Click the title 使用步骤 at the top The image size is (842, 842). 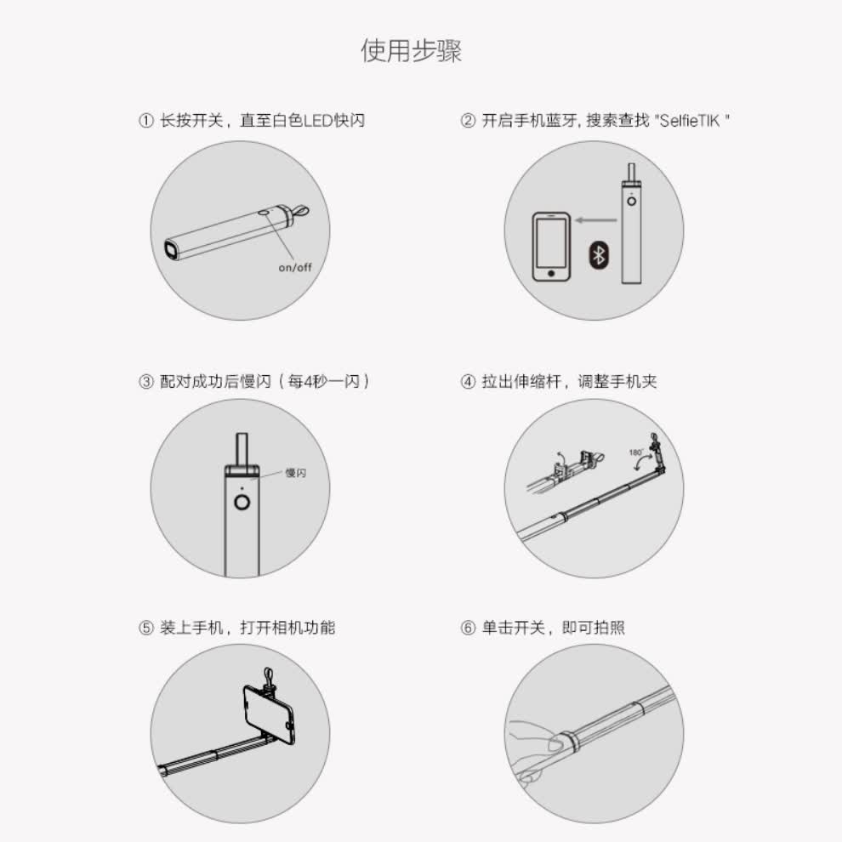tap(412, 51)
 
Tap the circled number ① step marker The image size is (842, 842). tap(146, 120)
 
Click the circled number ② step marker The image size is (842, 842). tap(468, 120)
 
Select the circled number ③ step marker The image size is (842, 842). tap(146, 382)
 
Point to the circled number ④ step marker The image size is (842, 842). tap(468, 382)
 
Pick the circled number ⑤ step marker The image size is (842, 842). tap(146, 628)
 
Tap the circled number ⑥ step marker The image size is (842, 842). tap(468, 628)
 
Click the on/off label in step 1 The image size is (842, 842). tap(295, 267)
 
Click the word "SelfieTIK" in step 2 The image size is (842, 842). tap(689, 120)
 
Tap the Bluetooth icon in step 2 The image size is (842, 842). tap(599, 255)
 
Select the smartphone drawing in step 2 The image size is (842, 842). tap(551, 247)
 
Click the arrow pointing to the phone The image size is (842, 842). tap(596, 219)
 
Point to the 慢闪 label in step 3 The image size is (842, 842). tap(295, 473)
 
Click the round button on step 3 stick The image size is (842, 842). tap(242, 503)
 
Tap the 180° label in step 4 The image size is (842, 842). tap(636, 452)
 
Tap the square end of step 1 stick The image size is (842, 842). tap(171, 250)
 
